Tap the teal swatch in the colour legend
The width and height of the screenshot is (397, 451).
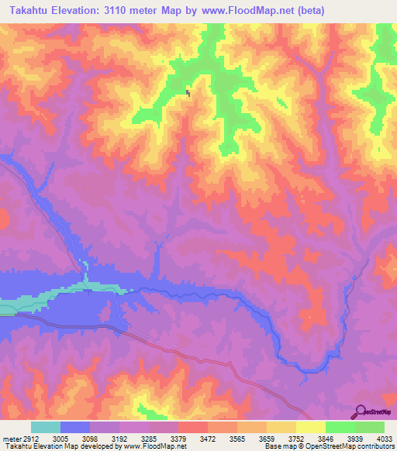point(45,427)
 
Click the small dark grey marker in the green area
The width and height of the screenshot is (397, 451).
point(188,94)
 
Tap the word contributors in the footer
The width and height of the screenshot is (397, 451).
point(374,446)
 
